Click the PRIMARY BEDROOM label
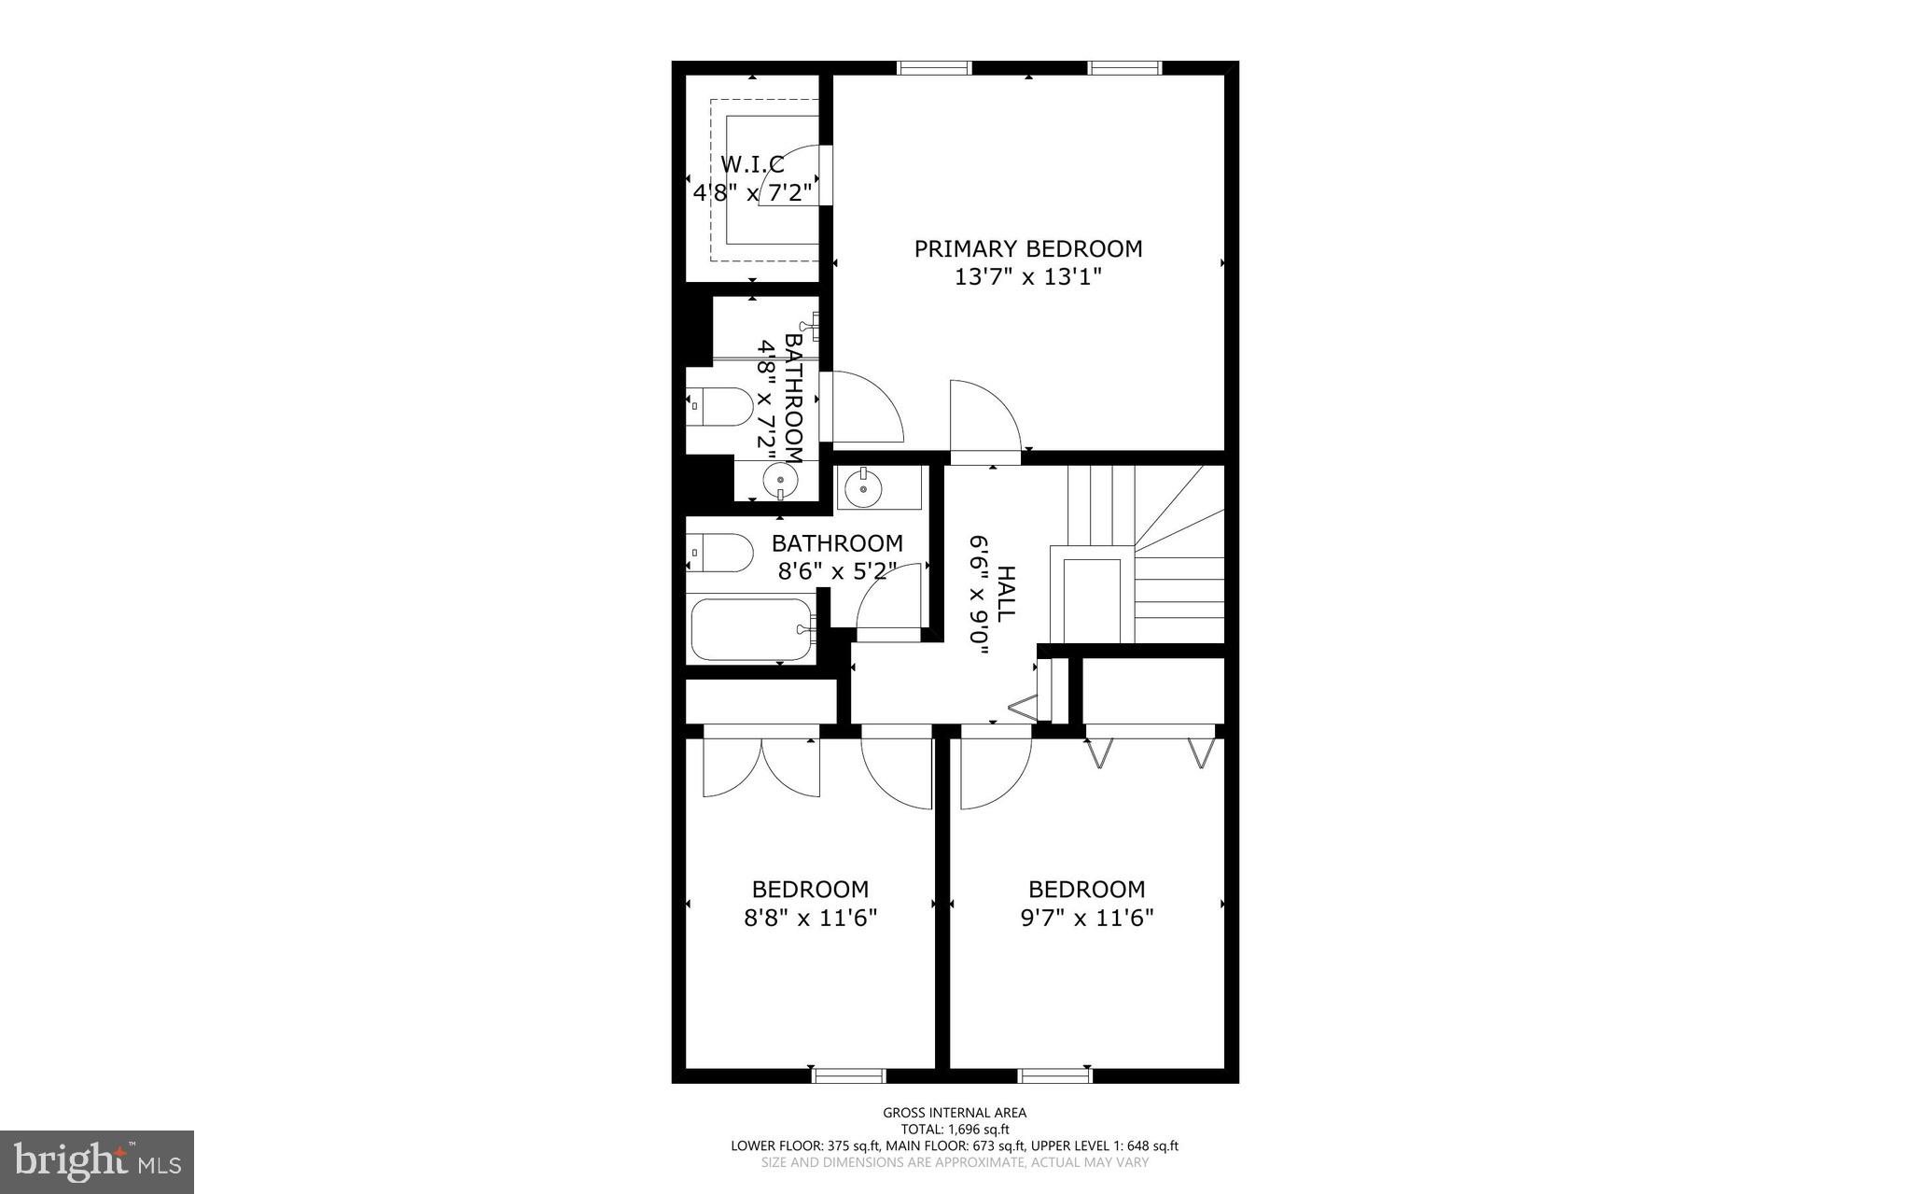click(1027, 248)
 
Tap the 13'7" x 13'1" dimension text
click(1027, 277)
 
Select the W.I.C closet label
click(752, 164)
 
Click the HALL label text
click(1006, 594)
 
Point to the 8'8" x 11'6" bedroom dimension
click(810, 918)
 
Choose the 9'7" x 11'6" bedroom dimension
click(1086, 918)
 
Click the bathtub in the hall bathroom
click(752, 629)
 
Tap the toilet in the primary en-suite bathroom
click(720, 407)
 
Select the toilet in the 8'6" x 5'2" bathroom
click(720, 552)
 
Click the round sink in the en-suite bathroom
click(780, 481)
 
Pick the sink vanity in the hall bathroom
click(878, 487)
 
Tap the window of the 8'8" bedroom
click(848, 1075)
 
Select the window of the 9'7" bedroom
click(1054, 1075)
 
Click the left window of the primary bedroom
click(934, 67)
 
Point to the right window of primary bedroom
click(1125, 67)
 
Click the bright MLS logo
click(97, 1161)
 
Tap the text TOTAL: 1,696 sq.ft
click(955, 1129)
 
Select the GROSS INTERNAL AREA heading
click(955, 1112)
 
